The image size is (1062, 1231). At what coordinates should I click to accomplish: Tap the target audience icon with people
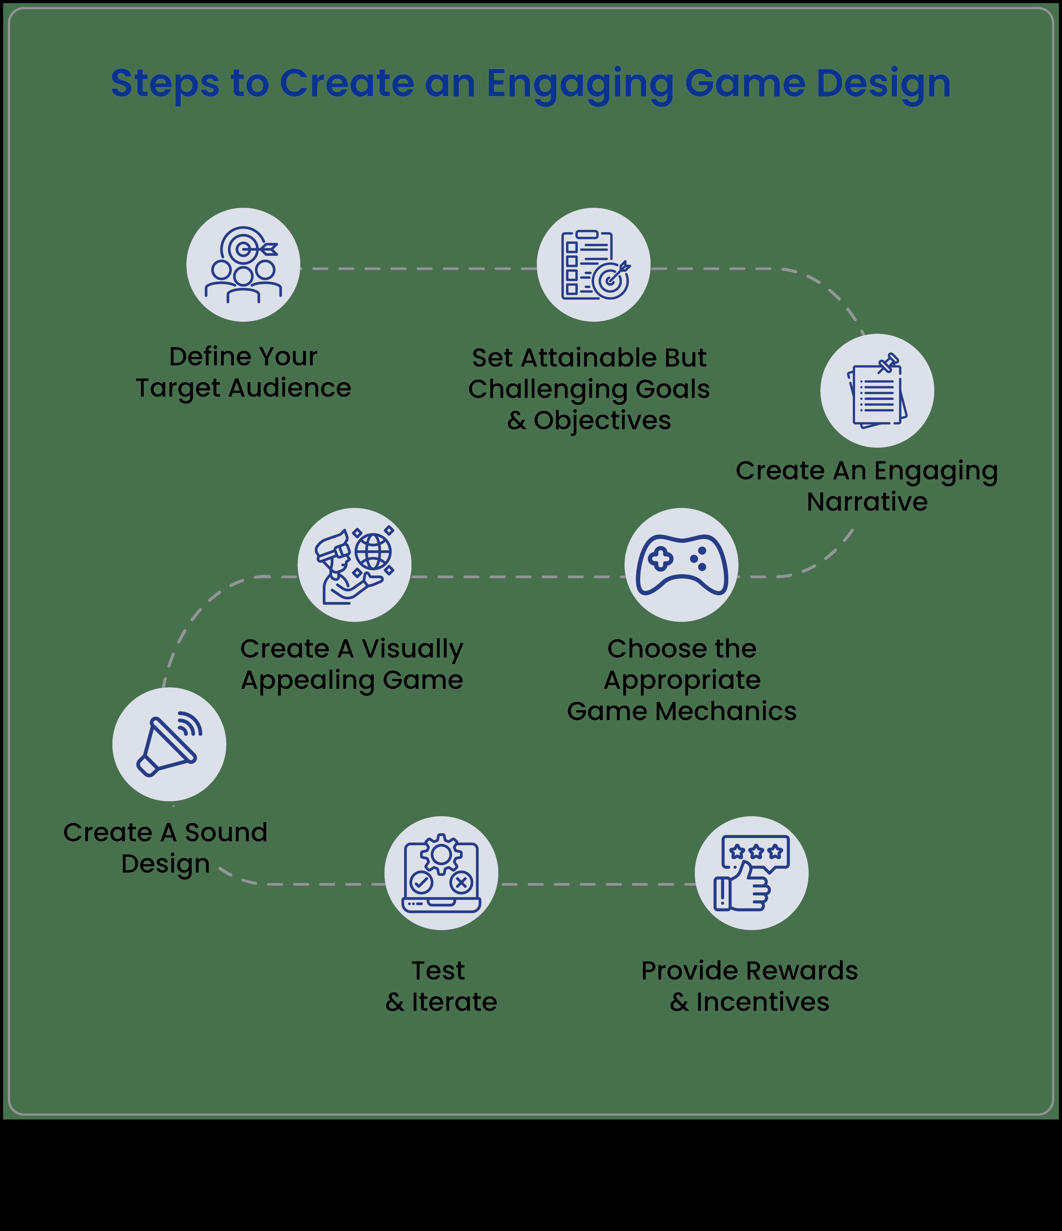coord(243,265)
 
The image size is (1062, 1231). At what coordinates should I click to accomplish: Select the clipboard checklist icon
coord(593,265)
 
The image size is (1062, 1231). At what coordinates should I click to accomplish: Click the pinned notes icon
coord(877,391)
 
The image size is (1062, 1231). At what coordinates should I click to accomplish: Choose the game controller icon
coord(681,565)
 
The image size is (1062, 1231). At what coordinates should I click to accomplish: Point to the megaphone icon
coord(169,744)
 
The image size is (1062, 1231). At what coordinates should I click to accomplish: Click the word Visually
coord(412,649)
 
